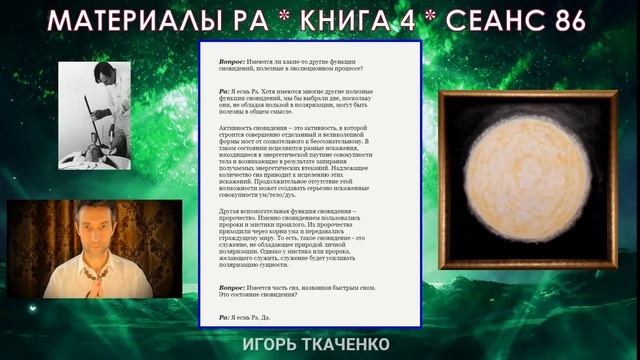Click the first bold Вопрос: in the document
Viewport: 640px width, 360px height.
236,61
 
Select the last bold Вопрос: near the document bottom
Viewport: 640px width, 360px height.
236,287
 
